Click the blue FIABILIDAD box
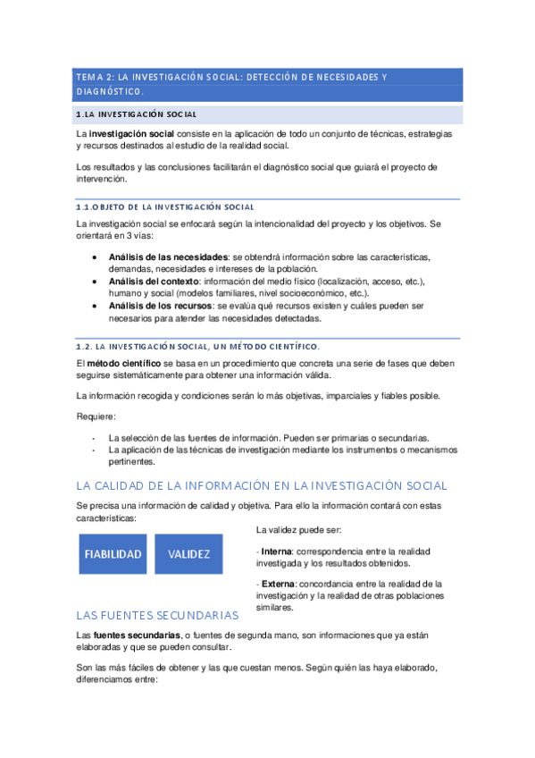tap(113, 554)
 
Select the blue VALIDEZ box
tap(188, 554)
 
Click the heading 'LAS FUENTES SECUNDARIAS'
tap(157, 616)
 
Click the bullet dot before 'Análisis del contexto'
tap(96, 282)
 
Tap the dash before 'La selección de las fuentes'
tap(94, 438)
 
